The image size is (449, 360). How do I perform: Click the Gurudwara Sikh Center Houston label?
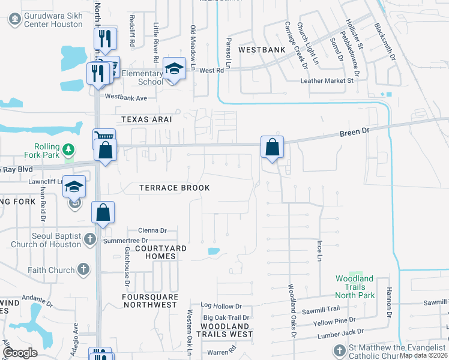(x=52, y=20)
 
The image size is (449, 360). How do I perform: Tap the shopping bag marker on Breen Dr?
(x=272, y=147)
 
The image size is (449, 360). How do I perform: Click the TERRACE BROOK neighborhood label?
(x=174, y=188)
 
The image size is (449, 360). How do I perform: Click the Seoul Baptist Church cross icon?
(x=89, y=239)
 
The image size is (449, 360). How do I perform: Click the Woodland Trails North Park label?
(x=355, y=287)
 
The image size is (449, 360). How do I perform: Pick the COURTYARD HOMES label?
(x=160, y=252)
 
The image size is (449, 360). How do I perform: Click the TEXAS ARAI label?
(x=146, y=119)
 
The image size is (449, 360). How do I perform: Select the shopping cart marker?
(x=103, y=138)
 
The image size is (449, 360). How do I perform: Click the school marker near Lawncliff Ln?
(x=75, y=187)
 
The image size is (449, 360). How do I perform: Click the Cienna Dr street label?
(x=152, y=230)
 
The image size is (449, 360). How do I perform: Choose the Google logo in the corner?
(x=20, y=353)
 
